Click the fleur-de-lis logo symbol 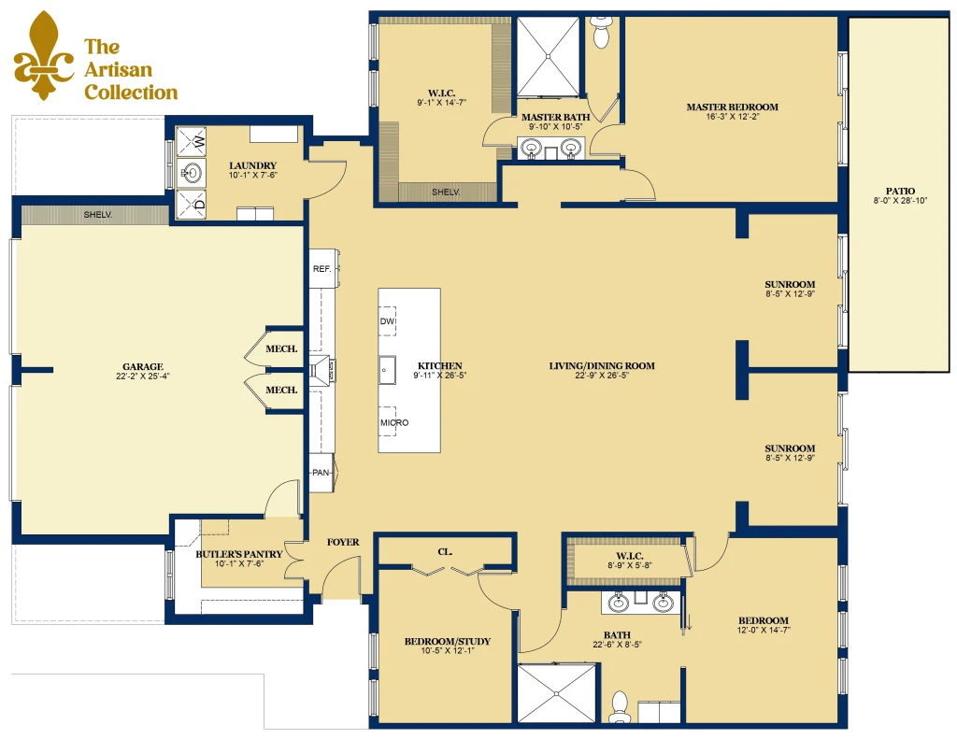point(43,56)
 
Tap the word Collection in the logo point(131,92)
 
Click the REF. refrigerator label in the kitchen point(321,268)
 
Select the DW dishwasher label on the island point(388,321)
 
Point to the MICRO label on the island point(394,422)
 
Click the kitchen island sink point(387,370)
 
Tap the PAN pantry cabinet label point(321,473)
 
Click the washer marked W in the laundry point(191,143)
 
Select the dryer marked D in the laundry point(191,204)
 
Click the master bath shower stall point(548,56)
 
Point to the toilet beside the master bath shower point(601,32)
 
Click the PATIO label point(900,191)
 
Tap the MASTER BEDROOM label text point(733,107)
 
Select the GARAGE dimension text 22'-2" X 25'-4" point(143,376)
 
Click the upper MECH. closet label point(281,349)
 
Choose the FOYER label point(343,542)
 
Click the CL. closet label point(445,551)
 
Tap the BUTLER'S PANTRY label point(238,554)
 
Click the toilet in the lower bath point(621,706)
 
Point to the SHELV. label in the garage point(97,215)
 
